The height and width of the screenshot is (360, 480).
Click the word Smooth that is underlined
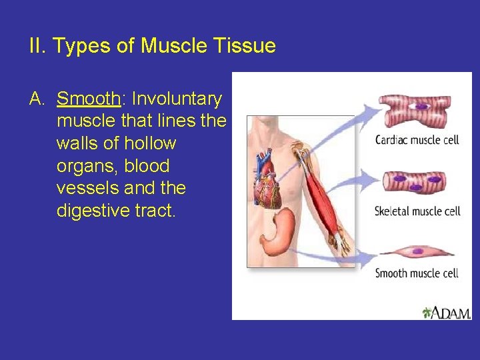[x=87, y=99]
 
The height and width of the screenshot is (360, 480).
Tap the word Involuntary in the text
[x=177, y=99]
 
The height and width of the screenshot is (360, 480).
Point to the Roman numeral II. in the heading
[x=37, y=46]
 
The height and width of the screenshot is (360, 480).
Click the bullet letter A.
[x=37, y=99]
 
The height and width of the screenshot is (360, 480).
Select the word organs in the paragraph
[x=83, y=167]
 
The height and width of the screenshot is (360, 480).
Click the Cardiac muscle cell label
[x=417, y=140]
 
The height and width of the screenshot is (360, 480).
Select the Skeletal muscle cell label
[x=417, y=211]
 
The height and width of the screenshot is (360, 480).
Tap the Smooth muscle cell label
[x=417, y=273]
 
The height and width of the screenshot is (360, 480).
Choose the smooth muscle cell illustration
[x=417, y=252]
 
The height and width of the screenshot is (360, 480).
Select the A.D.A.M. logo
[x=447, y=312]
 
